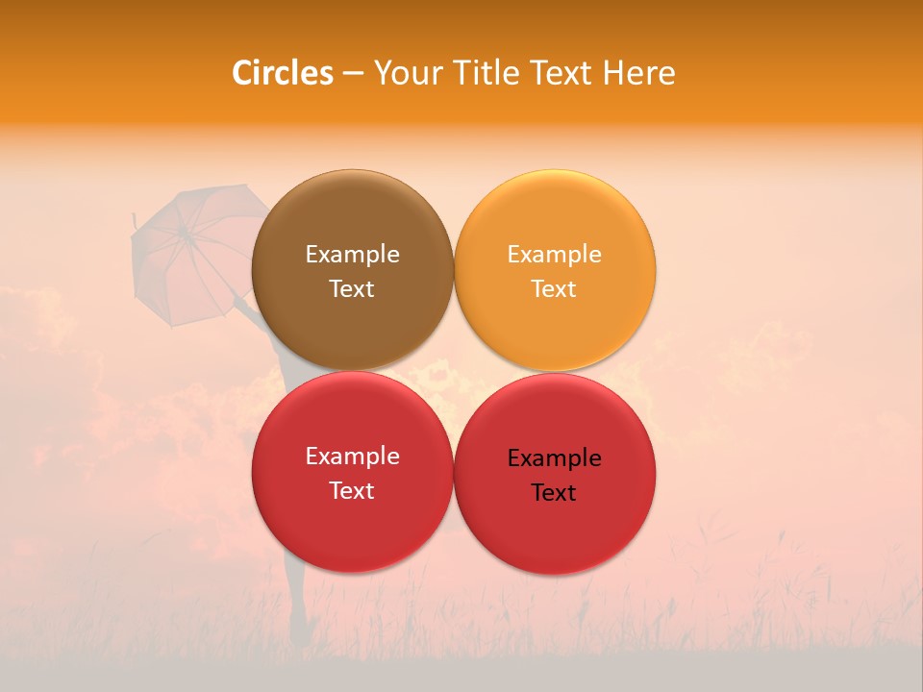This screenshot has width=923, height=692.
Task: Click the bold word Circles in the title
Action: point(283,73)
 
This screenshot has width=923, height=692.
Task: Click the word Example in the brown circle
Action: point(352,255)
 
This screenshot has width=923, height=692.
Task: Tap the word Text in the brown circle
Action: point(352,289)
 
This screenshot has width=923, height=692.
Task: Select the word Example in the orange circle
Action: point(554,255)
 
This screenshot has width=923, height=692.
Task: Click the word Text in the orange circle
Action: point(554,289)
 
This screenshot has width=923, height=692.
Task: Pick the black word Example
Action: point(554,458)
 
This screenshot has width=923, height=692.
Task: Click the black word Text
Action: point(554,493)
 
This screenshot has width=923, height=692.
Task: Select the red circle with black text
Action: point(555,529)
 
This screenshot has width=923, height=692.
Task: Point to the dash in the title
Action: point(353,73)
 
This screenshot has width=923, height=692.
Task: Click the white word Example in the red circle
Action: point(352,457)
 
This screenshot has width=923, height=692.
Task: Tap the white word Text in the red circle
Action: point(352,491)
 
